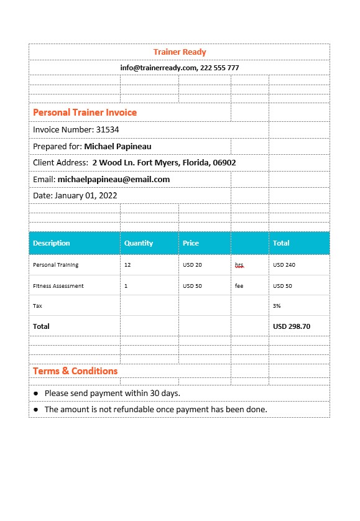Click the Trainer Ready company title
coord(180,52)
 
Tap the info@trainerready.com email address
coord(159,68)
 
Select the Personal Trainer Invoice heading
coord(85,113)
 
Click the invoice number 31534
coord(108,130)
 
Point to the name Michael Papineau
coord(118,146)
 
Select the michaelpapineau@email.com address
coord(113,179)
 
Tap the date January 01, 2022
coord(86,195)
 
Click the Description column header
coord(52,243)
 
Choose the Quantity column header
coord(139,243)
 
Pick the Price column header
coord(191,243)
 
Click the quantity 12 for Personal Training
coord(127,265)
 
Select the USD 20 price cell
coord(192,265)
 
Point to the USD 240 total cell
coord(284,265)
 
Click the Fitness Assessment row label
coord(58,286)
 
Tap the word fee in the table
coord(239,286)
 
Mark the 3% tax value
coord(277,306)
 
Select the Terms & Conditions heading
coord(75,371)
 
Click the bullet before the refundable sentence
coord(36,410)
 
